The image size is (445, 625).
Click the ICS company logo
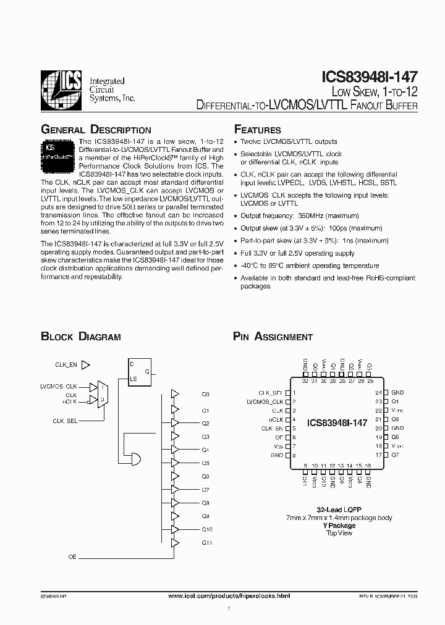[61, 91]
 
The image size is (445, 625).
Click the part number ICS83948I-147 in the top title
[370, 78]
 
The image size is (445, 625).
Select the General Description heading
[96, 130]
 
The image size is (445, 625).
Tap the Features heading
[257, 130]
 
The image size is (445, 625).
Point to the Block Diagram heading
[80, 337]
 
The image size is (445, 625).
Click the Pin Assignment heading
[273, 337]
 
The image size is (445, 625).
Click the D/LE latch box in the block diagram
[139, 370]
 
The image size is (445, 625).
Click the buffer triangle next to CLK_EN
[86, 365]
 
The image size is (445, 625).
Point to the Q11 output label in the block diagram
[206, 542]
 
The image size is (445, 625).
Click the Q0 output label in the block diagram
[206, 393]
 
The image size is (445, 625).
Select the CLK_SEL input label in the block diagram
[65, 420]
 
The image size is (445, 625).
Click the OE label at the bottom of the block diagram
[72, 557]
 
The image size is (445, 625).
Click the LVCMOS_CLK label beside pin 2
[265, 401]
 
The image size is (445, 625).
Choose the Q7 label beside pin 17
[396, 455]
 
